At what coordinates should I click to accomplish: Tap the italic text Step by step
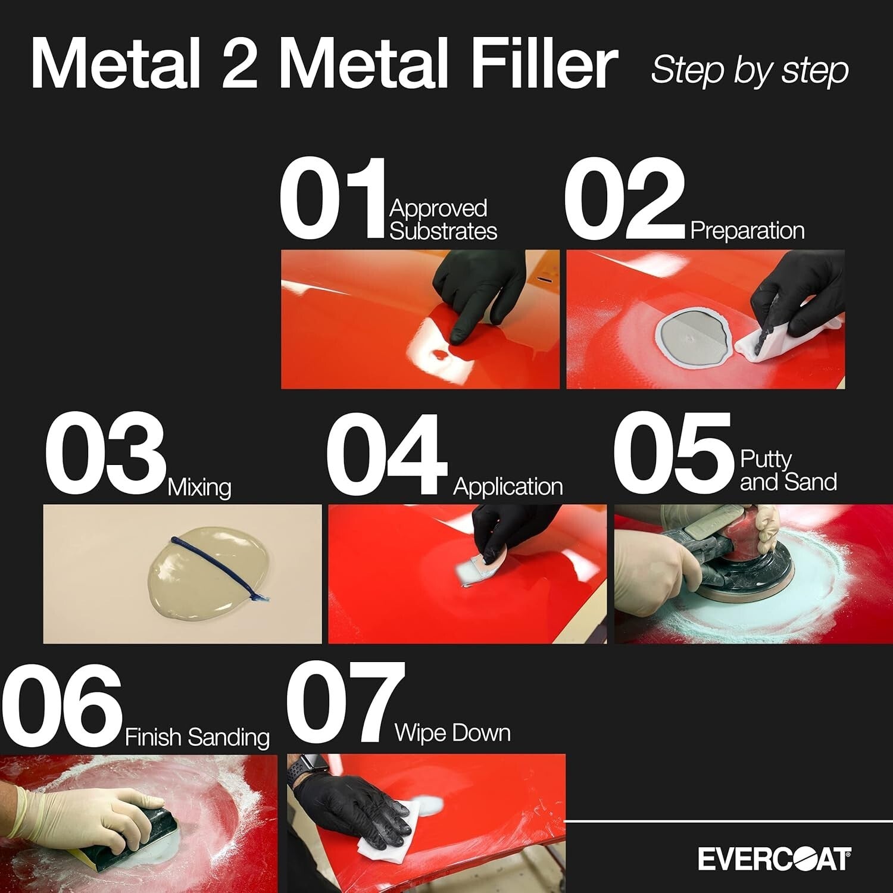(750, 71)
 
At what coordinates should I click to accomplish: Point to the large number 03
(105, 454)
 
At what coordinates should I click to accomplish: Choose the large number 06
(62, 704)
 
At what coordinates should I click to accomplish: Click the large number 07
(345, 704)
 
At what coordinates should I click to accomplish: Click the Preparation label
(747, 231)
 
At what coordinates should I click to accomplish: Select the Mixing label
(199, 488)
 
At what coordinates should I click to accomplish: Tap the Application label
(508, 487)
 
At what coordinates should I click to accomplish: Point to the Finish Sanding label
(197, 738)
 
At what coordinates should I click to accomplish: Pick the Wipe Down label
(452, 733)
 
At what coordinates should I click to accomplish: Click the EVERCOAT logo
(774, 860)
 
